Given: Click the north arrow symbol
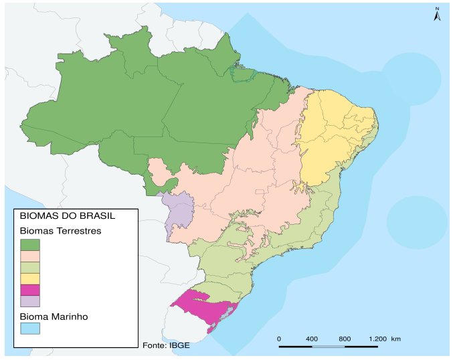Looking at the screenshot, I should click(436, 14).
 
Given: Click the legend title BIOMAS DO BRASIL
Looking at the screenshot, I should click(67, 216).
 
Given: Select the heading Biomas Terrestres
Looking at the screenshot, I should click(60, 231).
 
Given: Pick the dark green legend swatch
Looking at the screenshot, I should click(30, 244).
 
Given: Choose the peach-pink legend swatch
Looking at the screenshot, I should click(30, 256).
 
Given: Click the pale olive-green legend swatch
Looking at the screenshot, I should click(30, 267).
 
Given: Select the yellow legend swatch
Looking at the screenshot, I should click(30, 278).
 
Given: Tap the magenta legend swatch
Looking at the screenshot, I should click(30, 290).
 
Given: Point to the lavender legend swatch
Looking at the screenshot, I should click(30, 301).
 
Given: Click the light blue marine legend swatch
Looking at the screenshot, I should click(30, 329).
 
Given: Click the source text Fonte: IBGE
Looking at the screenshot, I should click(161, 345).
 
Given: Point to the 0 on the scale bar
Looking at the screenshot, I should click(278, 339).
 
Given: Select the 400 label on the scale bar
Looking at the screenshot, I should click(311, 339).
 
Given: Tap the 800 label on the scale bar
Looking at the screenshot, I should click(345, 339).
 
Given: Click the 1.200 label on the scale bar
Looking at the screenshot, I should click(377, 339).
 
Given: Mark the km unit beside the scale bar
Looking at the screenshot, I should click(396, 339).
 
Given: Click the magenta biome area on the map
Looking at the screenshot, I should click(201, 306).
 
